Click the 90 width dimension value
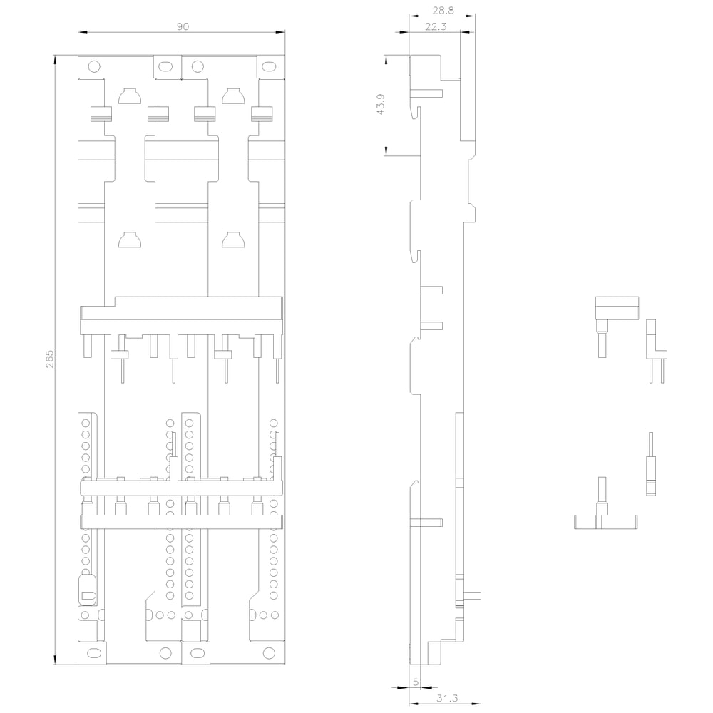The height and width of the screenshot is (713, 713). pyautogui.click(x=183, y=26)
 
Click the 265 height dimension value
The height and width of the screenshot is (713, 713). pyautogui.click(x=49, y=359)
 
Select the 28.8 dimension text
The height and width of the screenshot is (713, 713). pyautogui.click(x=443, y=10)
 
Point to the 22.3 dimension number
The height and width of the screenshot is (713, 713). pyautogui.click(x=436, y=26)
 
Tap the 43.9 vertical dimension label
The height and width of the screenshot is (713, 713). pyautogui.click(x=381, y=104)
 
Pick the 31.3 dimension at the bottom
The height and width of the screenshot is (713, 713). pyautogui.click(x=447, y=698)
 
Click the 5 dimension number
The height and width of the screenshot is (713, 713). pyautogui.click(x=415, y=682)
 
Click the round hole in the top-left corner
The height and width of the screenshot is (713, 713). pyautogui.click(x=93, y=67)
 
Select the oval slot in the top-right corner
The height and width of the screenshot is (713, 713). pyautogui.click(x=270, y=67)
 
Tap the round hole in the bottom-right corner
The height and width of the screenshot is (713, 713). pyautogui.click(x=270, y=653)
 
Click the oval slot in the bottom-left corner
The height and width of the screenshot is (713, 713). pyautogui.click(x=93, y=653)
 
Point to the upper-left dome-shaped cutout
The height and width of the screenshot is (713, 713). pyautogui.click(x=130, y=96)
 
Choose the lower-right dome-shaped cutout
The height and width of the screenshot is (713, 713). pyautogui.click(x=233, y=240)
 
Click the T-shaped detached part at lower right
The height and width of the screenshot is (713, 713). pyautogui.click(x=605, y=521)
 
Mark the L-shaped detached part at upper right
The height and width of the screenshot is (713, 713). pyautogui.click(x=617, y=307)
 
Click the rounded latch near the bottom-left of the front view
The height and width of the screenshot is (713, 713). pyautogui.click(x=87, y=590)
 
